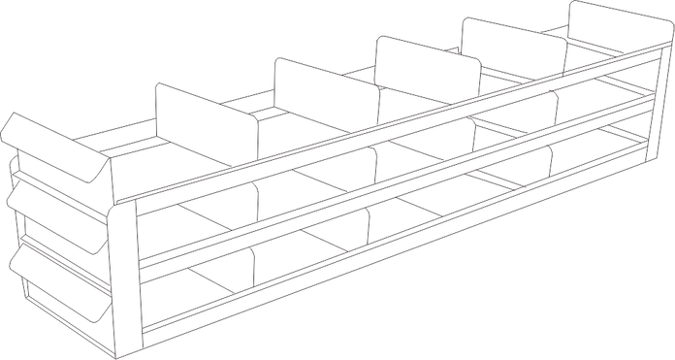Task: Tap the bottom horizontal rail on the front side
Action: [x=388, y=243]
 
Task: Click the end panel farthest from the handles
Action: [x=612, y=24]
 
